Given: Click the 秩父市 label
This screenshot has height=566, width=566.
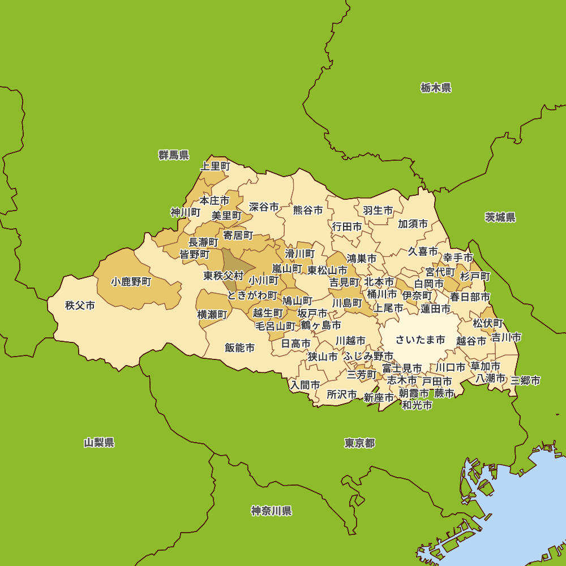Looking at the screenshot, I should (80, 306).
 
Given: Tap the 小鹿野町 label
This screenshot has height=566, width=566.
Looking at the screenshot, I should (131, 281).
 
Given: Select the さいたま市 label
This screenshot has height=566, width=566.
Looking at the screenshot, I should (420, 340).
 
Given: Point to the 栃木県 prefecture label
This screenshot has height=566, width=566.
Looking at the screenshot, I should (436, 88).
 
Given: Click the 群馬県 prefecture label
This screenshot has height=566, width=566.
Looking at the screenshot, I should (174, 155).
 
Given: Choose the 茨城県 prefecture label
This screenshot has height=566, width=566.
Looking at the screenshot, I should (500, 217).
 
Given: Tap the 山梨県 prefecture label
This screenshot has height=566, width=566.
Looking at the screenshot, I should (99, 443).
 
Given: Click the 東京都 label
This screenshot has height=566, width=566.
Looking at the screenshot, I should (359, 443).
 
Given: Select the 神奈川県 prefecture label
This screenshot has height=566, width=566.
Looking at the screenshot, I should (272, 511).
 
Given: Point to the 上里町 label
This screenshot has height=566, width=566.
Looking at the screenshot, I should (216, 166).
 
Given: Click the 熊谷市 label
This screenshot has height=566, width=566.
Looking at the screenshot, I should (308, 210).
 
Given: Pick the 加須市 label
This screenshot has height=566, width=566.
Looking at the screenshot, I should (413, 224).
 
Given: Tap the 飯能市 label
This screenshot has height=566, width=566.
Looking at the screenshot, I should (239, 348).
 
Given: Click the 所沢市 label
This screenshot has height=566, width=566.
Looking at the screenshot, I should (342, 394).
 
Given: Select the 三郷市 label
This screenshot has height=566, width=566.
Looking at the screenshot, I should (525, 380).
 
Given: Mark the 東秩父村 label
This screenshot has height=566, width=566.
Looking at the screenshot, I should (224, 276).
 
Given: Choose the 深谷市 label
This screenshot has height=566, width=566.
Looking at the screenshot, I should (264, 207).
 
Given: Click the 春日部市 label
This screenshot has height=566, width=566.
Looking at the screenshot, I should (470, 297).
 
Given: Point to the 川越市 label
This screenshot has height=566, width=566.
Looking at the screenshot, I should (350, 341).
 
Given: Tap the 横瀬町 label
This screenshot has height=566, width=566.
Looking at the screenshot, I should (212, 314).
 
